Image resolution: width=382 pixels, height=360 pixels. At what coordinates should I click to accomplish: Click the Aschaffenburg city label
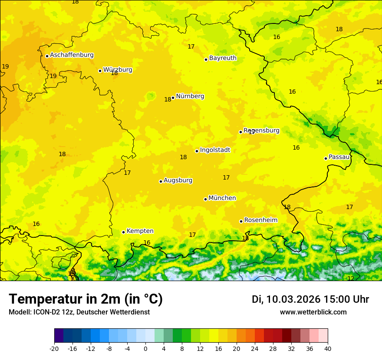72,55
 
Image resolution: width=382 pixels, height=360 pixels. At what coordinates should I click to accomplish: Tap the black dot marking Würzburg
100,71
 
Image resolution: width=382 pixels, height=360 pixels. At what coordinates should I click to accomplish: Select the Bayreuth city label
223,58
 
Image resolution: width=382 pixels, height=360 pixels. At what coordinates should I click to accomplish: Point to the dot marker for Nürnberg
173,98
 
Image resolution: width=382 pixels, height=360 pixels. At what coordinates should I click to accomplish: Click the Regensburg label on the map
261,131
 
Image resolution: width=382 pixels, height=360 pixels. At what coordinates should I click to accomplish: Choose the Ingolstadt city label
215,150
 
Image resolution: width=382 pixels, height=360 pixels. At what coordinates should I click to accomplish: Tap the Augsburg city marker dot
161,181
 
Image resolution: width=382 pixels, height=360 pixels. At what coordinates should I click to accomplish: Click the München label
222,198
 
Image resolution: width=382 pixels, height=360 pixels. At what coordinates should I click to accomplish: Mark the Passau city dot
326,158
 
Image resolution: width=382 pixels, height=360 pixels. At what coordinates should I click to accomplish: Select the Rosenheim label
260,220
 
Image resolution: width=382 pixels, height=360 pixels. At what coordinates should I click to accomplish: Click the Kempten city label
140,231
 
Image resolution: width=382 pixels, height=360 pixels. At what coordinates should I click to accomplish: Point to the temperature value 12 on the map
350,278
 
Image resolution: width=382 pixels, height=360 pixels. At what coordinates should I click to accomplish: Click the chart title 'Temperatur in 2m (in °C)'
86,299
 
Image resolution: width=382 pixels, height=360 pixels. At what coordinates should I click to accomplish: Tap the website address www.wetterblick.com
313,312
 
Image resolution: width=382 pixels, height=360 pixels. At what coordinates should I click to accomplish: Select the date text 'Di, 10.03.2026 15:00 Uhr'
310,300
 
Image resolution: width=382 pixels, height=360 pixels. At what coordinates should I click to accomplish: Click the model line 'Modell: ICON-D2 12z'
79,312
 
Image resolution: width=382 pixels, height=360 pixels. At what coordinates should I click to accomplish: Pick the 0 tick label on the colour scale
145,348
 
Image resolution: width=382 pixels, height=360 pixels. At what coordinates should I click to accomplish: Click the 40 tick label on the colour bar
328,348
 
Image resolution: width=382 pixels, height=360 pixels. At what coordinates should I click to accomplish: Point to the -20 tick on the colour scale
54,348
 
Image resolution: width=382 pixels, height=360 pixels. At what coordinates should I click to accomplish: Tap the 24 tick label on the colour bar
255,348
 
